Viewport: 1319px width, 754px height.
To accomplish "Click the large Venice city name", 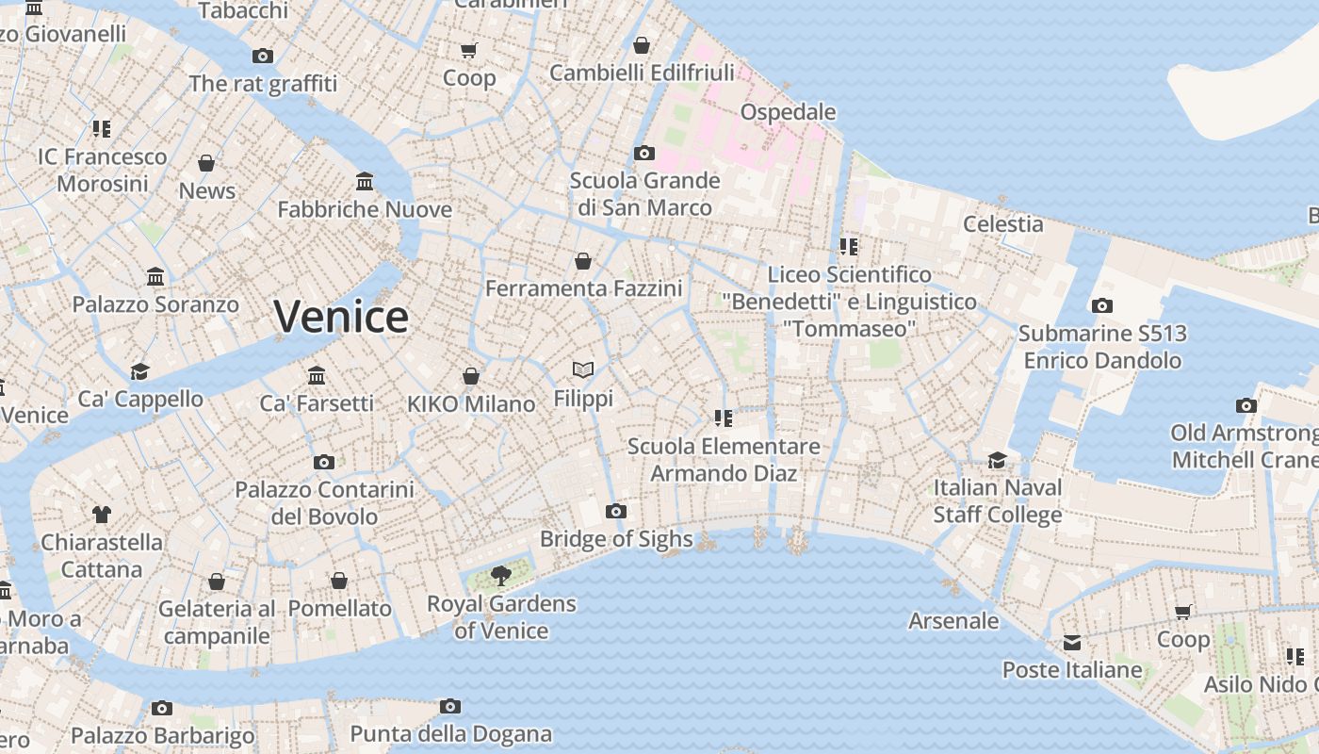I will (341, 316).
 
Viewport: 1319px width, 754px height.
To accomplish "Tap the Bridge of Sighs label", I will (616, 539).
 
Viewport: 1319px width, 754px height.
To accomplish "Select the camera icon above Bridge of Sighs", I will (616, 512).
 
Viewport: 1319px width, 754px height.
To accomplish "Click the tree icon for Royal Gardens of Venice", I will (501, 576).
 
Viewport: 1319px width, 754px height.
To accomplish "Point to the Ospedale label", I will (788, 112).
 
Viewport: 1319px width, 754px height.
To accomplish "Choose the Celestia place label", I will (1002, 224).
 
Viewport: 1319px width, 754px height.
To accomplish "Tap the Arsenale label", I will (953, 620).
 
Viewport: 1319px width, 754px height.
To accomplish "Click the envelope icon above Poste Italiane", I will (1072, 643).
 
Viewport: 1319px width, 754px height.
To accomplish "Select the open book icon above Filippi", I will (583, 370).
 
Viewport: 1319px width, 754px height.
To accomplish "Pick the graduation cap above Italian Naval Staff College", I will (997, 460).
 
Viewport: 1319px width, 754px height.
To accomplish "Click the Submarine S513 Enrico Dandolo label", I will (1102, 347).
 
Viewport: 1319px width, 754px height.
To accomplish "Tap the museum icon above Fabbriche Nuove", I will (365, 181).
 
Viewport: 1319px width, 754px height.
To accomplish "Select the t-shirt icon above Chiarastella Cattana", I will (102, 515).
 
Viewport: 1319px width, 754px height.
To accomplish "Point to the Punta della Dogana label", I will (450, 733).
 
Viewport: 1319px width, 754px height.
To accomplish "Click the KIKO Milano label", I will (471, 404).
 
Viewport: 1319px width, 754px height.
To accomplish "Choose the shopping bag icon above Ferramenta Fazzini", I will (583, 261).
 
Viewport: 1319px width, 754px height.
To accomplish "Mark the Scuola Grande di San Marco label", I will (644, 193).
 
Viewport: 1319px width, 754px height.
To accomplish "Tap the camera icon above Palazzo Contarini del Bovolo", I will (324, 462).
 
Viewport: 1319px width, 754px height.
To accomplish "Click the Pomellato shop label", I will (339, 609).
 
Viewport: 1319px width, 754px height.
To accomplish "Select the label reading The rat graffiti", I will (263, 84).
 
